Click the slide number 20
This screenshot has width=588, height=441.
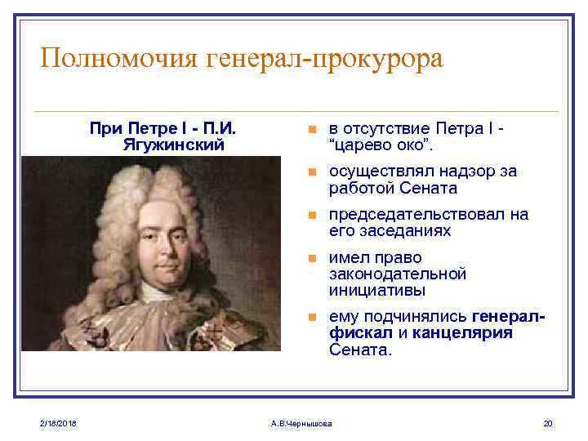pos(547,422)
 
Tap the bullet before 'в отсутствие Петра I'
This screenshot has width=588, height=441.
pos(310,131)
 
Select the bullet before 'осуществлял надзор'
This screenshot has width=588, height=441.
pos(310,173)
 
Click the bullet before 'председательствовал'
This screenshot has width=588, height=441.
pos(310,216)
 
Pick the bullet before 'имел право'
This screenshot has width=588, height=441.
pos(310,259)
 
